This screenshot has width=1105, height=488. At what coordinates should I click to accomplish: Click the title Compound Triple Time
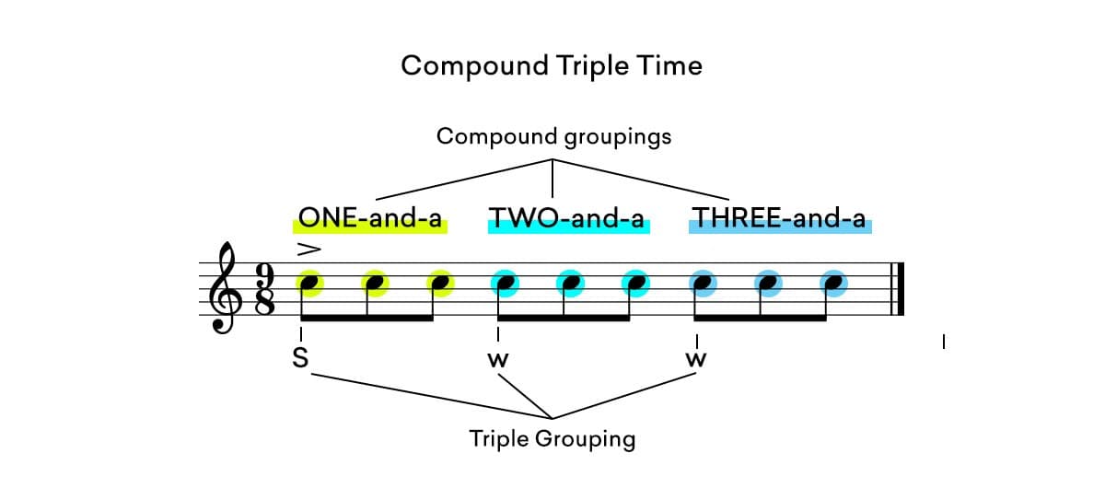552,66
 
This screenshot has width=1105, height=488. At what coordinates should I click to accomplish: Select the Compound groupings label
553,137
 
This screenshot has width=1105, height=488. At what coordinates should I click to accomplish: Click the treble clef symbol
225,289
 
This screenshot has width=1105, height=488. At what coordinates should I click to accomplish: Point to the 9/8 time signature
264,289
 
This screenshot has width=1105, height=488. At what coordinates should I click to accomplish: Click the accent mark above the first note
308,249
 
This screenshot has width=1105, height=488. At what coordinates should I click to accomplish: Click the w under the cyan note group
498,360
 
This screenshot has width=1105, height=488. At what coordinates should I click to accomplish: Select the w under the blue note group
696,360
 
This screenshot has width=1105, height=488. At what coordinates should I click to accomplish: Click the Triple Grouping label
552,438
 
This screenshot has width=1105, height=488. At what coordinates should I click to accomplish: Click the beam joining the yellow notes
368,319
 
